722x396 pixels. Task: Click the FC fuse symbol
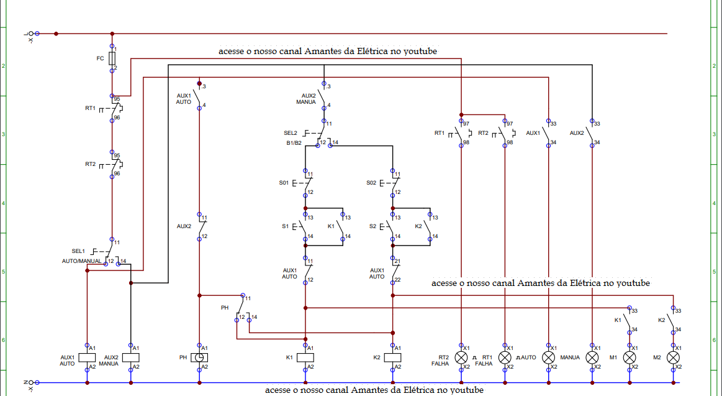pos(112,58)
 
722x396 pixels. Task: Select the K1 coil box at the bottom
pos(305,357)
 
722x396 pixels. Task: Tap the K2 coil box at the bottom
pos(393,357)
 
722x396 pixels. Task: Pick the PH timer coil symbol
pos(199,357)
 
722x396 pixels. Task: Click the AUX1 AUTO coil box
pos(87,357)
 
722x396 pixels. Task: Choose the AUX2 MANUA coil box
pos(131,357)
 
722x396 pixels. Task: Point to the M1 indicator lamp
pos(629,357)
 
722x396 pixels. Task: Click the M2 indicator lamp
pos(673,357)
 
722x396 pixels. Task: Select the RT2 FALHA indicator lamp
pos(461,357)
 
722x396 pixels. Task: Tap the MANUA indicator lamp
pos(592,357)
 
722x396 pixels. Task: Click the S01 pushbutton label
pos(284,183)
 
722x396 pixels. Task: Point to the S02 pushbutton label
pos(371,183)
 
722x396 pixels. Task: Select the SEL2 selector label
pos(290,133)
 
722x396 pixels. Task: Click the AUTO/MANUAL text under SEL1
pos(81,261)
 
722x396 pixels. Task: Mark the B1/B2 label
pos(294,143)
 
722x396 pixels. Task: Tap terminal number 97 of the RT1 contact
pos(466,124)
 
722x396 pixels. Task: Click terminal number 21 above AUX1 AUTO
pos(397,261)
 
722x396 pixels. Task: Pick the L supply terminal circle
pos(37,34)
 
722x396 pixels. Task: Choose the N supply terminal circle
pos(37,382)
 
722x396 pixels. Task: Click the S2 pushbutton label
pos(372,226)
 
